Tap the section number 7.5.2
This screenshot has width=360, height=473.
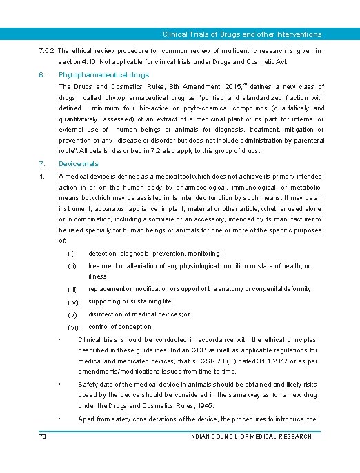(47, 51)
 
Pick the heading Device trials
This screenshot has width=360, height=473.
(79, 164)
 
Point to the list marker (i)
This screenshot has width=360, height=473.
(71, 254)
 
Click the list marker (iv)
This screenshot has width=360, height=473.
(73, 302)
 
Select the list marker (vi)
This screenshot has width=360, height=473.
(73, 327)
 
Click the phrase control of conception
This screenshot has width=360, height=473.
(121, 327)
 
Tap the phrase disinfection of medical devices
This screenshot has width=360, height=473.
(138, 314)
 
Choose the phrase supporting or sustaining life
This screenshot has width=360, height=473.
(130, 301)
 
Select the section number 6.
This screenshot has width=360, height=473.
(42, 74)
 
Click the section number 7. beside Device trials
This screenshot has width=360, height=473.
(42, 164)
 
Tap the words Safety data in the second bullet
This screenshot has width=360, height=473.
(96, 384)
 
